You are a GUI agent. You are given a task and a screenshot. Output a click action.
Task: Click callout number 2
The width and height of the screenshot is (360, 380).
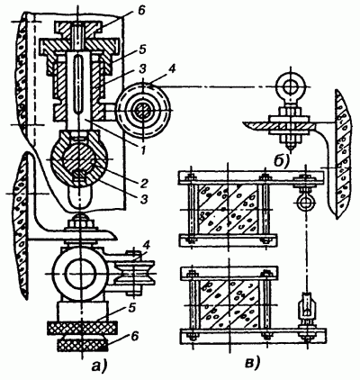point(143,183)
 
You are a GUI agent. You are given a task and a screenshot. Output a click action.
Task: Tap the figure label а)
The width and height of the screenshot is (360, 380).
point(100,366)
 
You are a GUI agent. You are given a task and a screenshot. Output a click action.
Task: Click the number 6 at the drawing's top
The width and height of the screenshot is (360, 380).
point(141,10)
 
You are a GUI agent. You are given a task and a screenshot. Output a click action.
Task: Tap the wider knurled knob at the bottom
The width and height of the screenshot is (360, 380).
point(82,328)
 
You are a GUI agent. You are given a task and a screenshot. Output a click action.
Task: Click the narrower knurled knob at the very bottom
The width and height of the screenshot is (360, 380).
point(82,344)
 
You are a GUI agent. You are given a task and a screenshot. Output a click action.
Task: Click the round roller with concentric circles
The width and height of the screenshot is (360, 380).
point(144,112)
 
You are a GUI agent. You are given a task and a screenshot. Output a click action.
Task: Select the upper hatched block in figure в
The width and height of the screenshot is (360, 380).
point(228,209)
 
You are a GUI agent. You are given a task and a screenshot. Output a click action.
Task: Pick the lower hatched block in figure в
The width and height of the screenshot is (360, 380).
point(228,304)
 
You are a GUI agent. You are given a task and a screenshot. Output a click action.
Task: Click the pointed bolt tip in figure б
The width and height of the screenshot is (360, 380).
point(290,147)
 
